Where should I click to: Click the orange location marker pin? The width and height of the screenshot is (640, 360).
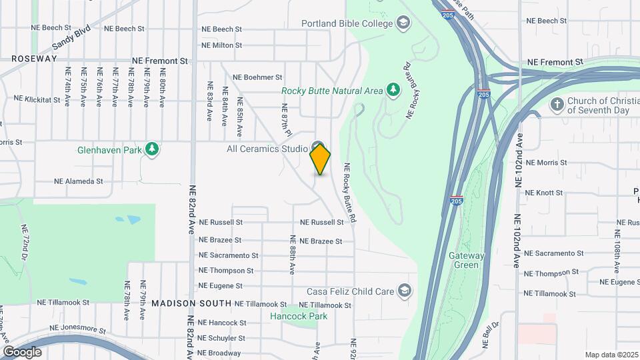coord(320,159)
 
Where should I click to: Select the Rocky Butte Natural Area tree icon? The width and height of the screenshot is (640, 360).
coord(393,90)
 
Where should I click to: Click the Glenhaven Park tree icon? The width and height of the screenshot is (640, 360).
coord(153,149)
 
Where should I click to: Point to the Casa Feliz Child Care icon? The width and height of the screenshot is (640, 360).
coord(403,291)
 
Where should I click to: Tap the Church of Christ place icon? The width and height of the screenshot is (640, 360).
coord(557,104)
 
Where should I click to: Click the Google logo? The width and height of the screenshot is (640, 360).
coord(22,352)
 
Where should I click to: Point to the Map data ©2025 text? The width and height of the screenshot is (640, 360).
coord(611,355)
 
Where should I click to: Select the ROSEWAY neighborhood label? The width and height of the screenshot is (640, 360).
coord(34,59)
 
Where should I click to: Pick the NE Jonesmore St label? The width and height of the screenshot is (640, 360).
coord(77,329)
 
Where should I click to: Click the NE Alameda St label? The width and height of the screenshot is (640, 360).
coord(79,181)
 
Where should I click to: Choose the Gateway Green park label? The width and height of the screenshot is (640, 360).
coord(463,260)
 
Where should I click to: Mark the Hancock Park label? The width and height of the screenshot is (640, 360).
coord(299,316)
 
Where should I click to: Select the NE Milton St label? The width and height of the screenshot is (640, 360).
coord(221,45)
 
